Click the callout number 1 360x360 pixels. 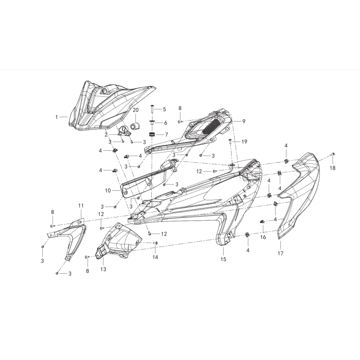coord(57,117)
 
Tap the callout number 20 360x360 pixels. coord(136,110)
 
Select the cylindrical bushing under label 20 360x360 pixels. coord(136,126)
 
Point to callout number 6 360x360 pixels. coord(166,123)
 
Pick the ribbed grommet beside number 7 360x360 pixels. coord(151,134)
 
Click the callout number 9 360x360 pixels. coord(244,121)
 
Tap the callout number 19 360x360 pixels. coord(244,142)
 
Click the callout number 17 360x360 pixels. coord(280,253)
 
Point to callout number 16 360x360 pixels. coord(263,237)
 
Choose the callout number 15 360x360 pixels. coord(223,259)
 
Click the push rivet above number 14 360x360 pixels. coord(155,243)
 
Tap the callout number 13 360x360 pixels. coord(103,269)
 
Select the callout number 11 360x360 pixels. coord(81,206)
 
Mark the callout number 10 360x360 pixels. coord(108,190)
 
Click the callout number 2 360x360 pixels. coord(106,135)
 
